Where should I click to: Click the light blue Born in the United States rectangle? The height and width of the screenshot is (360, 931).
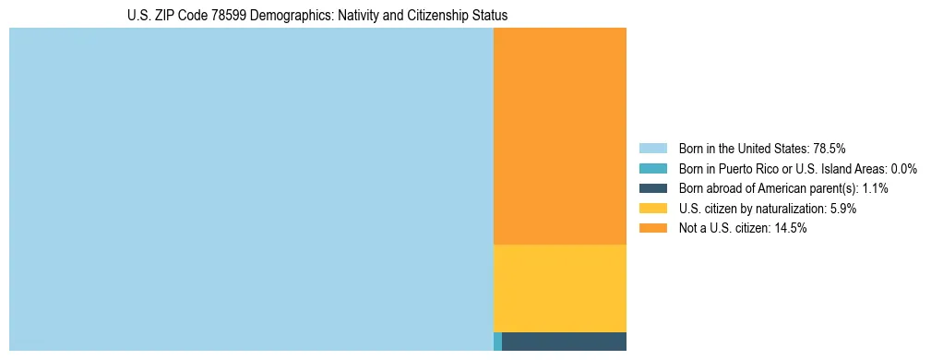[x=251, y=189]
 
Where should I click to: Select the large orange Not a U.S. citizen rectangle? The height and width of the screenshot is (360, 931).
[x=560, y=136]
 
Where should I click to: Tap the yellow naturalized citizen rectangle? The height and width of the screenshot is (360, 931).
[x=560, y=288]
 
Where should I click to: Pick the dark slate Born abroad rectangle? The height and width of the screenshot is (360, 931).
[x=564, y=342]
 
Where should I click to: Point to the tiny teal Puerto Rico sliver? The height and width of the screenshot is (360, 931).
[x=497, y=342]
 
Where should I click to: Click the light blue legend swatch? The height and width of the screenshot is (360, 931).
[x=652, y=148]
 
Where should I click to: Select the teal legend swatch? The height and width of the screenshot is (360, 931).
[x=652, y=168]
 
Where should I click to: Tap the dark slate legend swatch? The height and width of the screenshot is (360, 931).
[x=652, y=188]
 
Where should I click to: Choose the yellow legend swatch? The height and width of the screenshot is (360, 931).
[x=652, y=209]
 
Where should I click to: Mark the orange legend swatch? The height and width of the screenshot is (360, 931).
[x=652, y=228]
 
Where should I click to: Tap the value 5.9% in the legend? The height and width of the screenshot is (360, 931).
[x=843, y=209]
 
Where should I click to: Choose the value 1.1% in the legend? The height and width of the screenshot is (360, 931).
[x=874, y=188]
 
